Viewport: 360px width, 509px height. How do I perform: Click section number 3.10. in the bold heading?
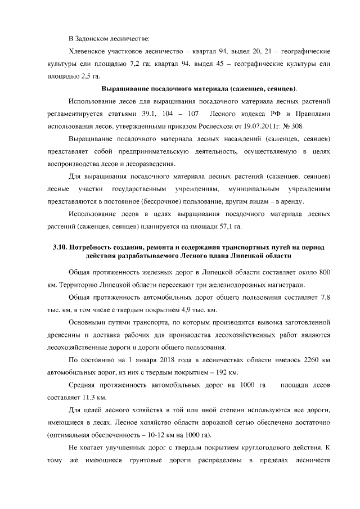(60, 247)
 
